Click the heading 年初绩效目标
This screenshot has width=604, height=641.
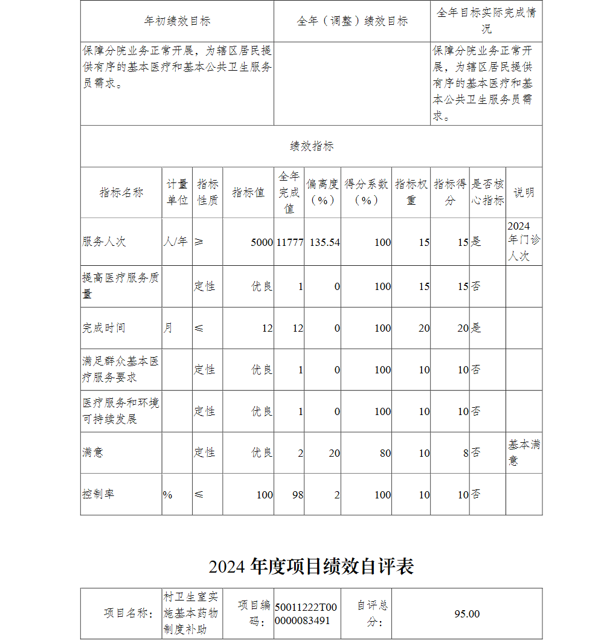click(177, 21)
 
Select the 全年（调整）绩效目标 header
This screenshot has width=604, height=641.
click(352, 21)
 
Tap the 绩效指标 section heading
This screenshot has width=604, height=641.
click(311, 146)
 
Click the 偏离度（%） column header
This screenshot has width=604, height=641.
click(323, 192)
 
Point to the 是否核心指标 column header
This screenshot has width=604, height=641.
click(487, 192)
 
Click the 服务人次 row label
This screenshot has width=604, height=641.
click(104, 242)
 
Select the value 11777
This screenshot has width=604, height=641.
click(290, 242)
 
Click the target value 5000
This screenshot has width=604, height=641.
click(262, 242)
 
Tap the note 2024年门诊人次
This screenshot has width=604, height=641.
click(523, 241)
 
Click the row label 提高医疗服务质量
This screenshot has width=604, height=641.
click(121, 285)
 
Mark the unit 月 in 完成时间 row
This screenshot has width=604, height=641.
click(167, 328)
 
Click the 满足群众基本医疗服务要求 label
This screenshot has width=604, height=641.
click(121, 369)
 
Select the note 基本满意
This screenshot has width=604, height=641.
click(523, 452)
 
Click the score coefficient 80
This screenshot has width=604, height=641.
click(385, 453)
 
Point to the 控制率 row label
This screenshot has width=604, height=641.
click(98, 494)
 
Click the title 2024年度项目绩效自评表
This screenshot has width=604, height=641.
click(311, 567)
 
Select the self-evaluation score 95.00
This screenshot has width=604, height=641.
click(467, 614)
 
